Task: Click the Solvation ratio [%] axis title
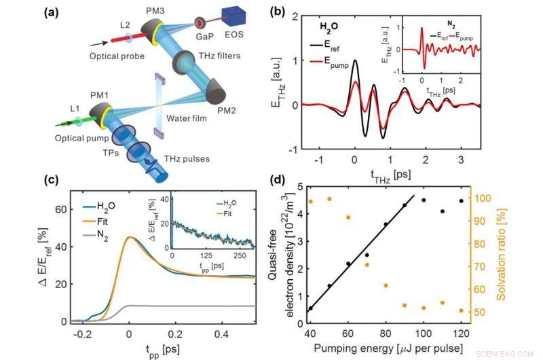pyautogui.click(x=527, y=257)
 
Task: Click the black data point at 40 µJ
pyautogui.click(x=311, y=308)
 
